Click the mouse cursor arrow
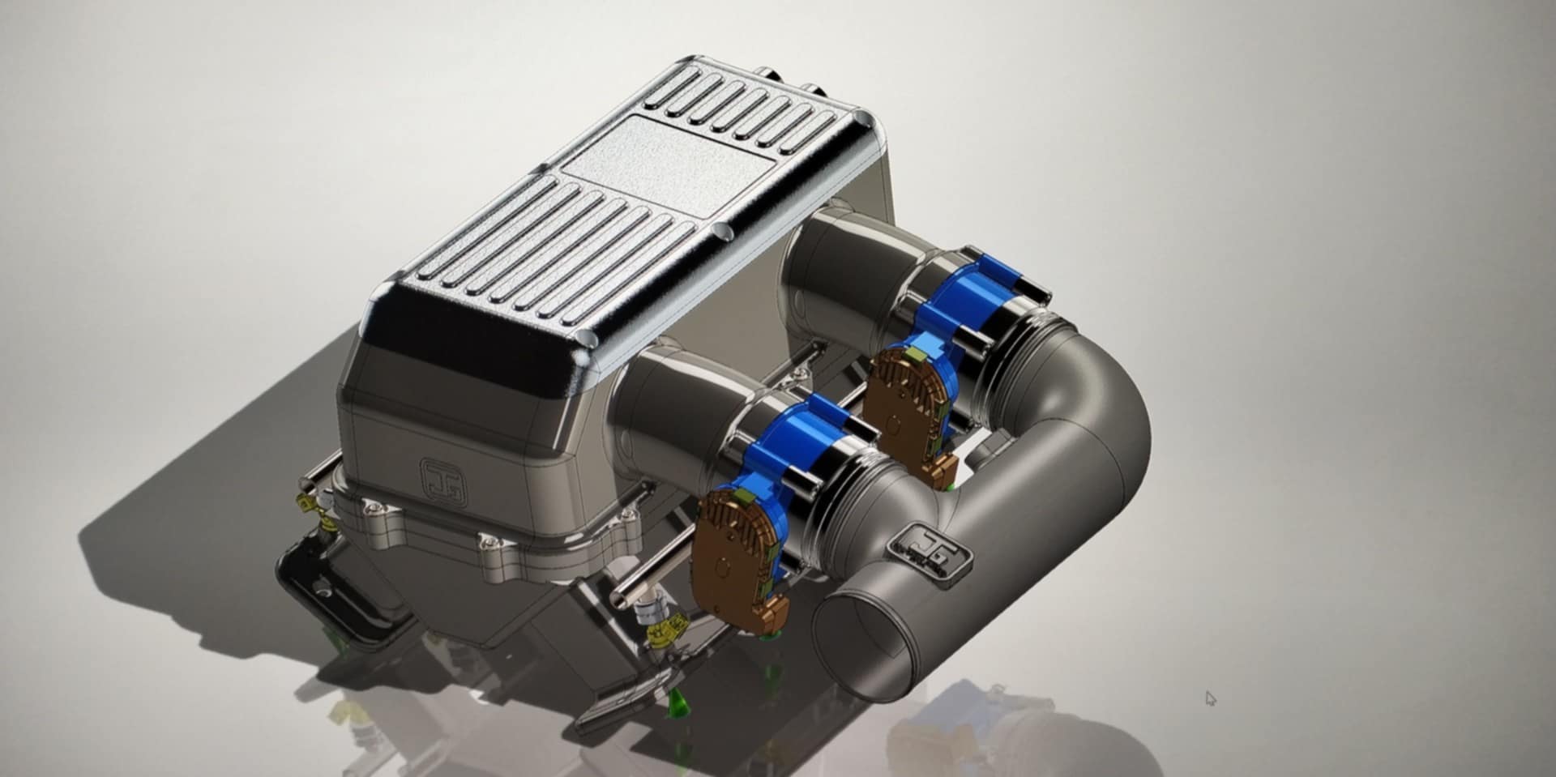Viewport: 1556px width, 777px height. [x=1210, y=698]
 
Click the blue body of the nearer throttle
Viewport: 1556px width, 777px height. [x=782, y=450]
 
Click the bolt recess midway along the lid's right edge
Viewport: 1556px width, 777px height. [x=724, y=233]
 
